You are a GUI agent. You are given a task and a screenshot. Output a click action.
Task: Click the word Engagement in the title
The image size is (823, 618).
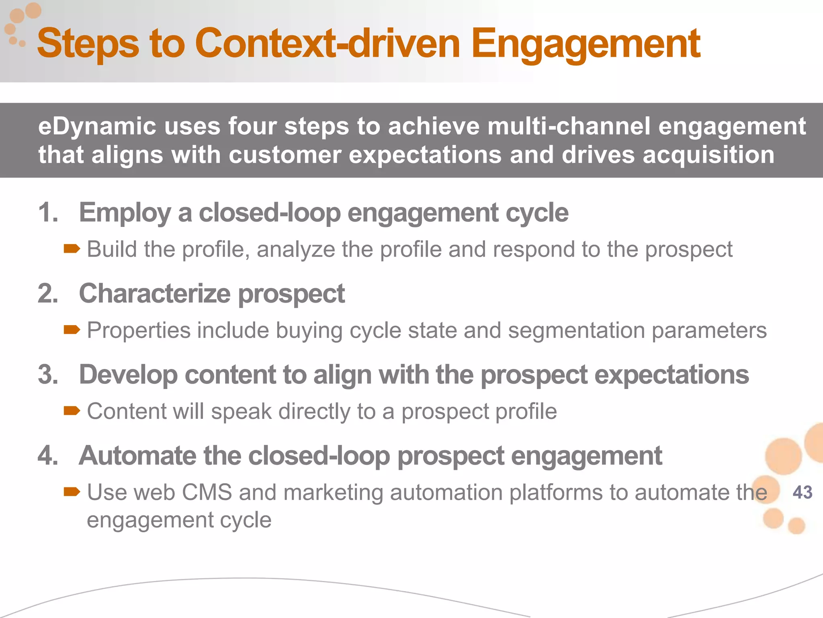coord(586,44)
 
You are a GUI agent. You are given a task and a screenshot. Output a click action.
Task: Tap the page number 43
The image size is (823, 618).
coord(803,492)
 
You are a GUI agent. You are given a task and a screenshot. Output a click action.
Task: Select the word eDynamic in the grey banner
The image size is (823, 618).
coord(97,127)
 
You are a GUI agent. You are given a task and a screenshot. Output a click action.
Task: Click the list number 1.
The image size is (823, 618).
coord(48,212)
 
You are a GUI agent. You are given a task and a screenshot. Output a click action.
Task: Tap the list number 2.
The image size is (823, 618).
coord(48,293)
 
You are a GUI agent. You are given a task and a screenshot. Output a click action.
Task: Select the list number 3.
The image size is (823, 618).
coord(48,375)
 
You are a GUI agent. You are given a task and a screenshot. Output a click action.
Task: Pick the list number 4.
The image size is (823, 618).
coord(48,456)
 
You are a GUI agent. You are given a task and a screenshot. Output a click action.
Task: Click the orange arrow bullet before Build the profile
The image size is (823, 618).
coord(72,249)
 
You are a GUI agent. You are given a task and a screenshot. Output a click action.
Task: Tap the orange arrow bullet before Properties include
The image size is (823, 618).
coord(72,330)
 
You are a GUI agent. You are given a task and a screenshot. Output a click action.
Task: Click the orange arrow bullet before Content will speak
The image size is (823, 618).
coord(72,411)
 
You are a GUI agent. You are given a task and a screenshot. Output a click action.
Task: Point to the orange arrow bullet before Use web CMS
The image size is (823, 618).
coord(72,492)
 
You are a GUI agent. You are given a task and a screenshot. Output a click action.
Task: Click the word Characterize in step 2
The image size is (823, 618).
coord(155,293)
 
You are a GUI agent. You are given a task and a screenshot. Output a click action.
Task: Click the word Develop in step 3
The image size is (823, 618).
coord(128,375)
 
